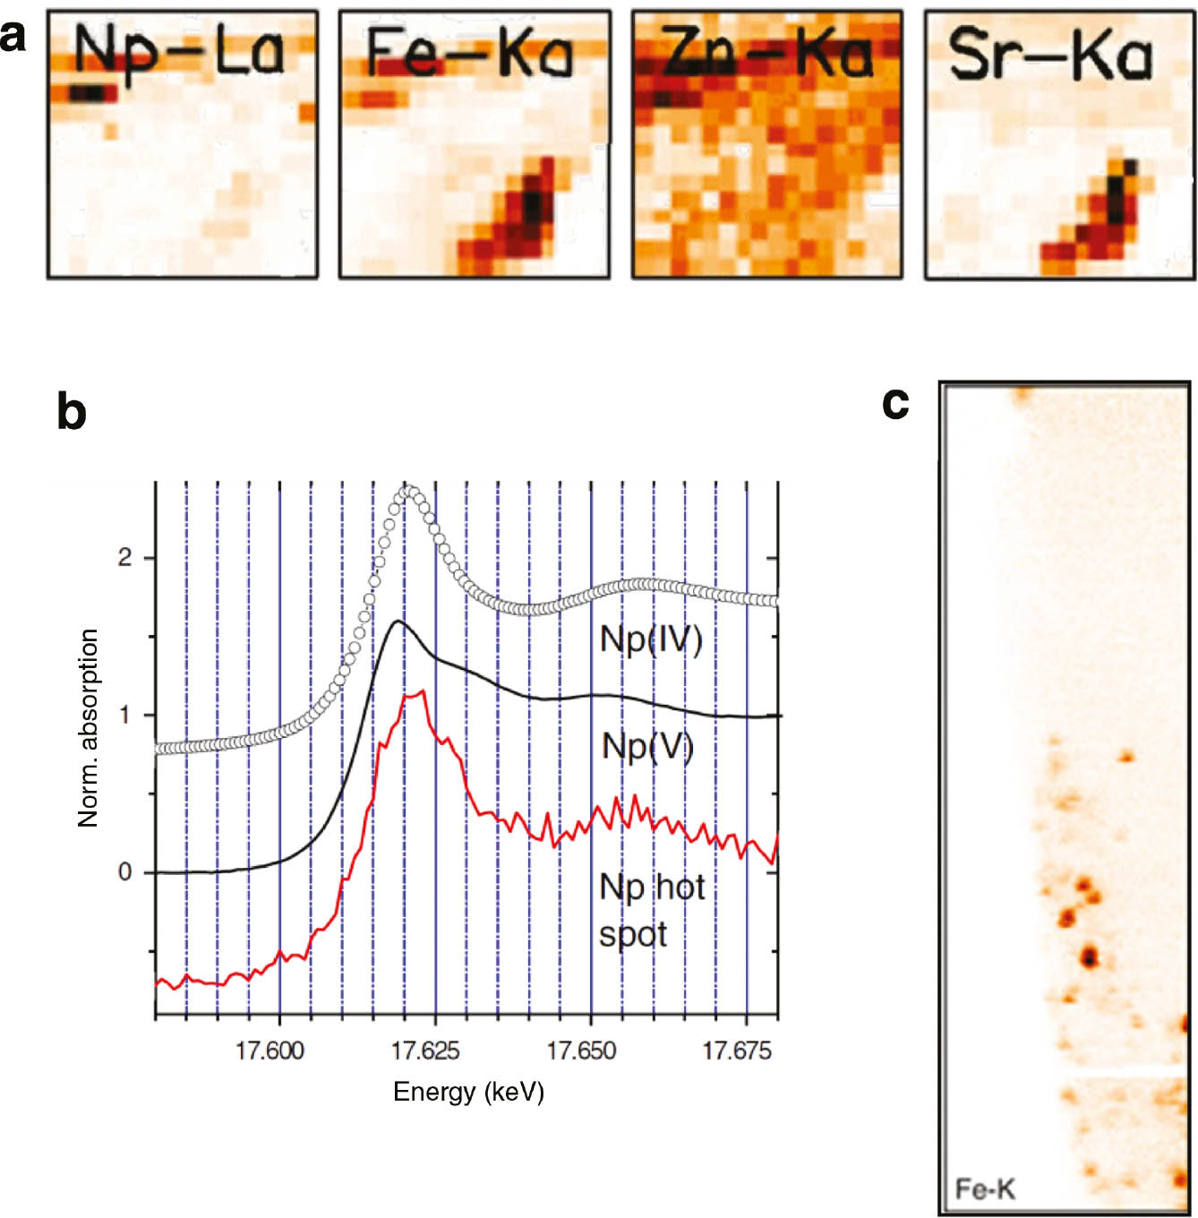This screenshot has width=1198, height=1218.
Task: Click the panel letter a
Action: [13, 39]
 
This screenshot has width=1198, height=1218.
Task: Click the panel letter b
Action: [72, 412]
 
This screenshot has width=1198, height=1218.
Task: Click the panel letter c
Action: [895, 403]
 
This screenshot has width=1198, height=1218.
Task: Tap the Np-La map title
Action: [179, 52]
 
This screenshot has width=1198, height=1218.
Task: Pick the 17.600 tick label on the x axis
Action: [270, 1051]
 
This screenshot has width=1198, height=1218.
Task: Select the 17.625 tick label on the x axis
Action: [425, 1051]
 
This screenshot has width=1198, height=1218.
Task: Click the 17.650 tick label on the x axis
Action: [581, 1051]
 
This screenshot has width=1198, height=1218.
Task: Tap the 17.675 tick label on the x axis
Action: [736, 1051]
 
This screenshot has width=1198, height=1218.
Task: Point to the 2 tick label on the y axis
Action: [124, 558]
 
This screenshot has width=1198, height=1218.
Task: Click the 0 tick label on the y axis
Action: [124, 871]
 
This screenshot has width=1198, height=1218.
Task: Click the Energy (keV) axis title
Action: [468, 1092]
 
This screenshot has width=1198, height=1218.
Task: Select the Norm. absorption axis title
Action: [88, 727]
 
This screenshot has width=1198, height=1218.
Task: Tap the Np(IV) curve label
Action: [651, 639]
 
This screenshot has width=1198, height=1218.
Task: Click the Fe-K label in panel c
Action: [985, 1189]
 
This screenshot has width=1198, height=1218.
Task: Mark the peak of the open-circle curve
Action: [408, 491]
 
